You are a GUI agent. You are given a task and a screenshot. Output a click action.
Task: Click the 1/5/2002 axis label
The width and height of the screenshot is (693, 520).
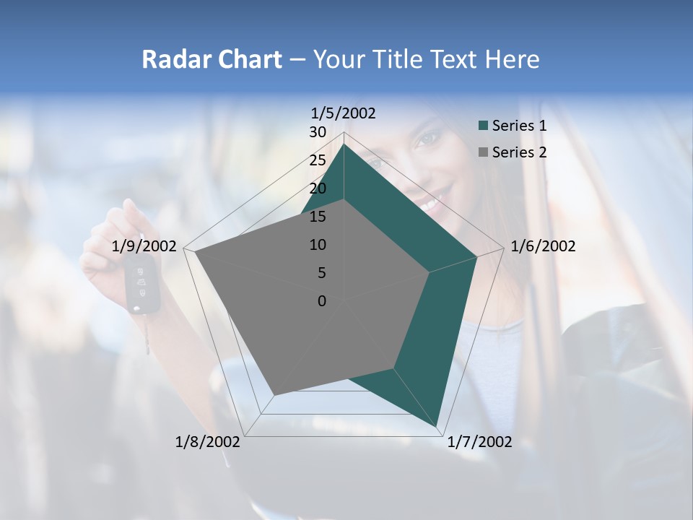click(x=344, y=113)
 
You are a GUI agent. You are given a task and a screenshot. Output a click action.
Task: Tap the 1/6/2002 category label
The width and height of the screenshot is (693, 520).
click(x=543, y=246)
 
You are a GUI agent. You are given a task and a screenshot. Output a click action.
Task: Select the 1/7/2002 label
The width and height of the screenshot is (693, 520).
click(x=479, y=442)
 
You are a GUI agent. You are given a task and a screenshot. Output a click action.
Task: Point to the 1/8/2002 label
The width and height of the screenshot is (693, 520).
click(x=208, y=442)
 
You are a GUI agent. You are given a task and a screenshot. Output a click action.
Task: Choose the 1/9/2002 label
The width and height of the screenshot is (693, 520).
click(x=144, y=246)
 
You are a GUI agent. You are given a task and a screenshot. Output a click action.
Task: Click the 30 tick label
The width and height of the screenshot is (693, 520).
click(x=318, y=132)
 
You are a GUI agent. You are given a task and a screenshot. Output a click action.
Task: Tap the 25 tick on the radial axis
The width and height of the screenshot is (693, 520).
click(x=318, y=160)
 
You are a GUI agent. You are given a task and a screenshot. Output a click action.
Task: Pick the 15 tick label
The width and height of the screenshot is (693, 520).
click(x=318, y=217)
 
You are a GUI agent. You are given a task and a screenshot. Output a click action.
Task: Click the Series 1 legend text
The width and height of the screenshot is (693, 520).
click(x=519, y=126)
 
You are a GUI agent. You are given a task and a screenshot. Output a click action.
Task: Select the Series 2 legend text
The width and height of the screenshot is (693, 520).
click(x=519, y=152)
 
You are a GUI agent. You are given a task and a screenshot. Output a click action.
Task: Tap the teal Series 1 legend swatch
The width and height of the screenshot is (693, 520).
click(x=484, y=126)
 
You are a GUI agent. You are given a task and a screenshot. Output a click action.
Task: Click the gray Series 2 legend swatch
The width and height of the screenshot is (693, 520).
click(x=484, y=152)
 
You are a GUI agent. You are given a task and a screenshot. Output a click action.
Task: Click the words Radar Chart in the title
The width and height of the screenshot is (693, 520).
click(x=212, y=59)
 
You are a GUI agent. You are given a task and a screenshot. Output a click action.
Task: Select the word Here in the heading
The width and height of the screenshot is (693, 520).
click(x=512, y=59)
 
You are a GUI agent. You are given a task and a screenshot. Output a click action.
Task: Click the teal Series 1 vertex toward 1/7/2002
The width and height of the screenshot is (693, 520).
click(x=436, y=425)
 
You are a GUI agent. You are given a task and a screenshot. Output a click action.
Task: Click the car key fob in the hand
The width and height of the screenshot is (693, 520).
click(x=142, y=285)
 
